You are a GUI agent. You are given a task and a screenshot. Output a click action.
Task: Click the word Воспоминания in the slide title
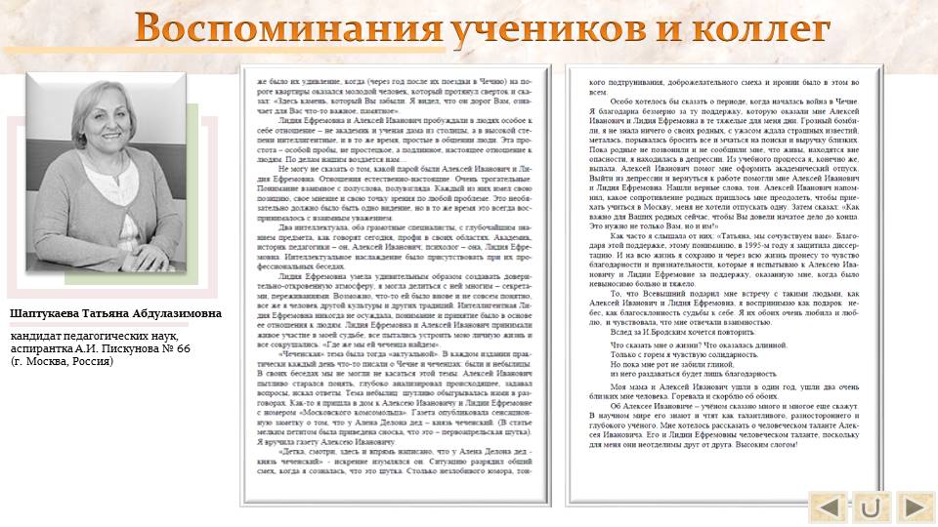pos(288,29)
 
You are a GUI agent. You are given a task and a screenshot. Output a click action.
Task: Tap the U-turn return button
pos(872,507)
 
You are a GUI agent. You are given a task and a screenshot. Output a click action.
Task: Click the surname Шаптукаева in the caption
pos(47,314)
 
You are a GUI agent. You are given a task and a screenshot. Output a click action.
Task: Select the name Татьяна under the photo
pos(111,314)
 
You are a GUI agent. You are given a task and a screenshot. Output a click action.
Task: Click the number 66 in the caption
pos(182,348)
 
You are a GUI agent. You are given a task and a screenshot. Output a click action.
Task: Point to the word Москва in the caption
pos(43,361)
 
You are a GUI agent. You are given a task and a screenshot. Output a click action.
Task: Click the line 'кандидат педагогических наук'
pos(94,336)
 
